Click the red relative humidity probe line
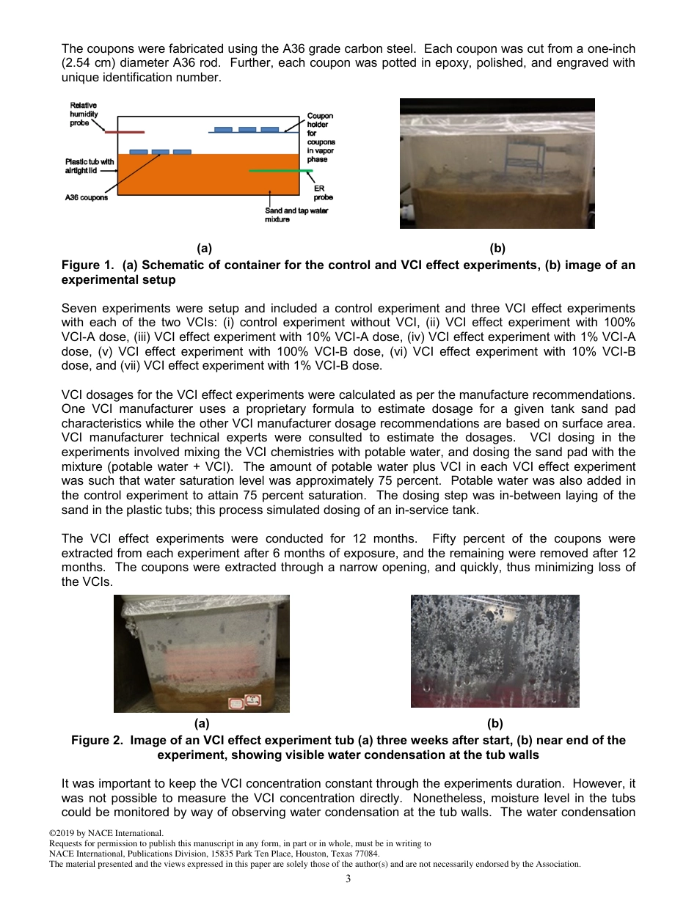click(x=124, y=133)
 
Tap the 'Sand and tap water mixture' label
click(x=296, y=215)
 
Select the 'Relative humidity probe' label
click(x=83, y=114)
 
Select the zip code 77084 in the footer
click(x=368, y=854)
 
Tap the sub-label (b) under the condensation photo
click(x=495, y=724)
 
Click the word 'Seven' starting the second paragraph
click(x=78, y=308)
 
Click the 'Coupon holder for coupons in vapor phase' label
click(x=321, y=137)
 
